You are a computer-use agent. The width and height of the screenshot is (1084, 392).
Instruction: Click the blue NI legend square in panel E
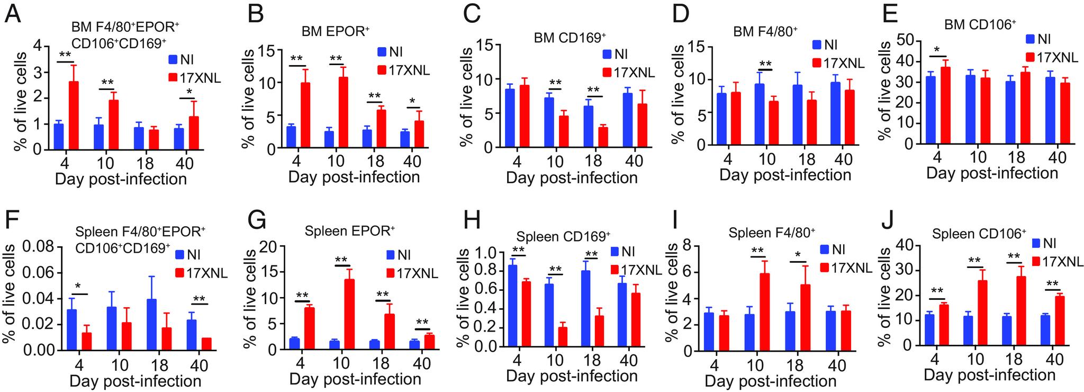tap(1029, 38)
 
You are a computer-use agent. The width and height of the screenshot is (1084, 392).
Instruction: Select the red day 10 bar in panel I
tap(764, 313)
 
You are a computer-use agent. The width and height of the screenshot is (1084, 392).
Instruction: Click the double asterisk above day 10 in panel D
tap(765, 65)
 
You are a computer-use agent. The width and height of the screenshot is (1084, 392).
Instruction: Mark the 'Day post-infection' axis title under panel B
tap(354, 176)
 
